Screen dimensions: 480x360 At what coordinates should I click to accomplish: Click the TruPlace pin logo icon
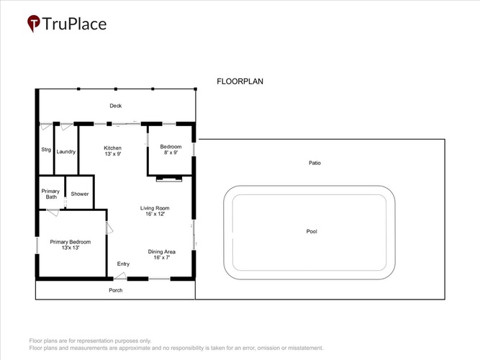point(33,23)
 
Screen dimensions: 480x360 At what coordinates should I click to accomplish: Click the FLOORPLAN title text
point(240,81)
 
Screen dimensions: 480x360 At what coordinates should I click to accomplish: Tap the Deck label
point(116,106)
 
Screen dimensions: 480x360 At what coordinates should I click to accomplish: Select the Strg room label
point(46,150)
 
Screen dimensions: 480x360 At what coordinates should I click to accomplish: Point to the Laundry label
point(65,152)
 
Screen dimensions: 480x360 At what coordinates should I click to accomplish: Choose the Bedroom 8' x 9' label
point(171,150)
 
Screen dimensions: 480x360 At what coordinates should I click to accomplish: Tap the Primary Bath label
point(50,194)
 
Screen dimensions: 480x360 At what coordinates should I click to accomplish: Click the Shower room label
point(80,194)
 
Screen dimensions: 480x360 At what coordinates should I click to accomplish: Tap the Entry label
point(123,264)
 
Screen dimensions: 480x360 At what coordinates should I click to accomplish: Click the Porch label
point(116,290)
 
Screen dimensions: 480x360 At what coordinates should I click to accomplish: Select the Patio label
point(314,163)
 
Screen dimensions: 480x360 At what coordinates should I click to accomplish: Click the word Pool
point(312,231)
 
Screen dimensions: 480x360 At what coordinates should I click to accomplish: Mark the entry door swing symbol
point(120,276)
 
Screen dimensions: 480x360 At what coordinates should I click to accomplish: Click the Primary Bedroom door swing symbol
point(109,228)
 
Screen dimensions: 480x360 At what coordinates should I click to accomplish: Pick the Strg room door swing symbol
point(46,126)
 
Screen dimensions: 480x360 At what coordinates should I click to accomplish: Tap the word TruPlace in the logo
point(74,24)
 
